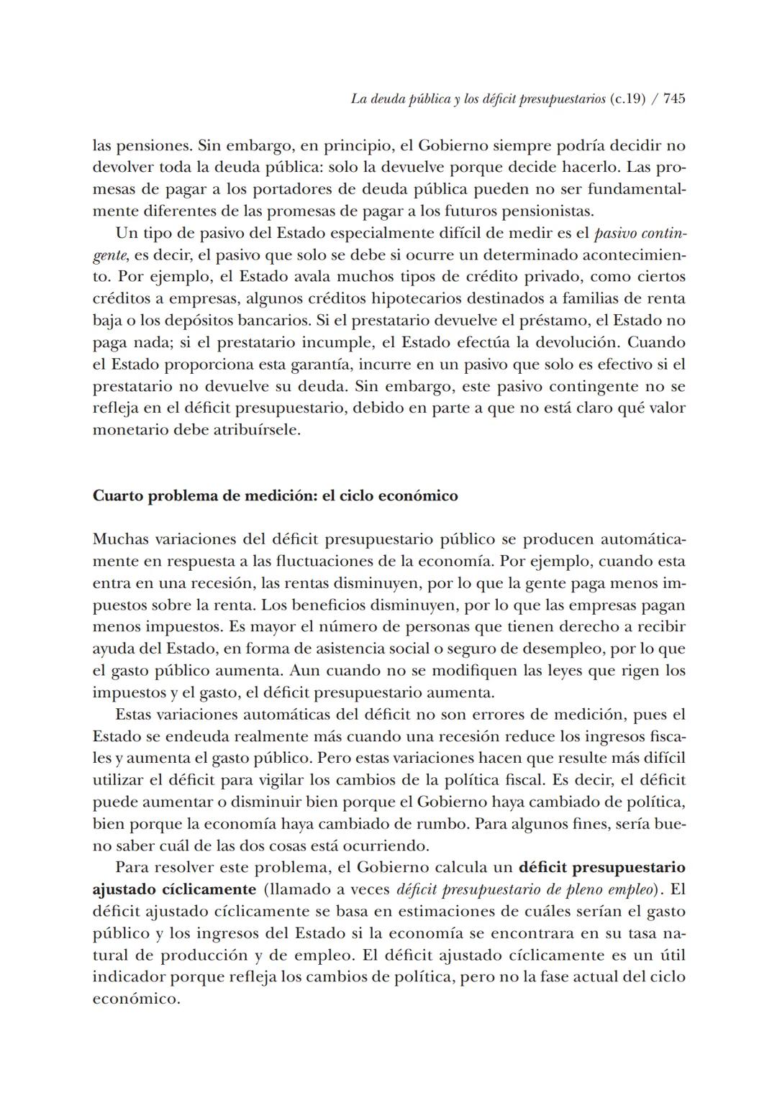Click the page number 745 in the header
coord(674,98)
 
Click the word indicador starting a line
coord(125,977)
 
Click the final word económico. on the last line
coord(136,999)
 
